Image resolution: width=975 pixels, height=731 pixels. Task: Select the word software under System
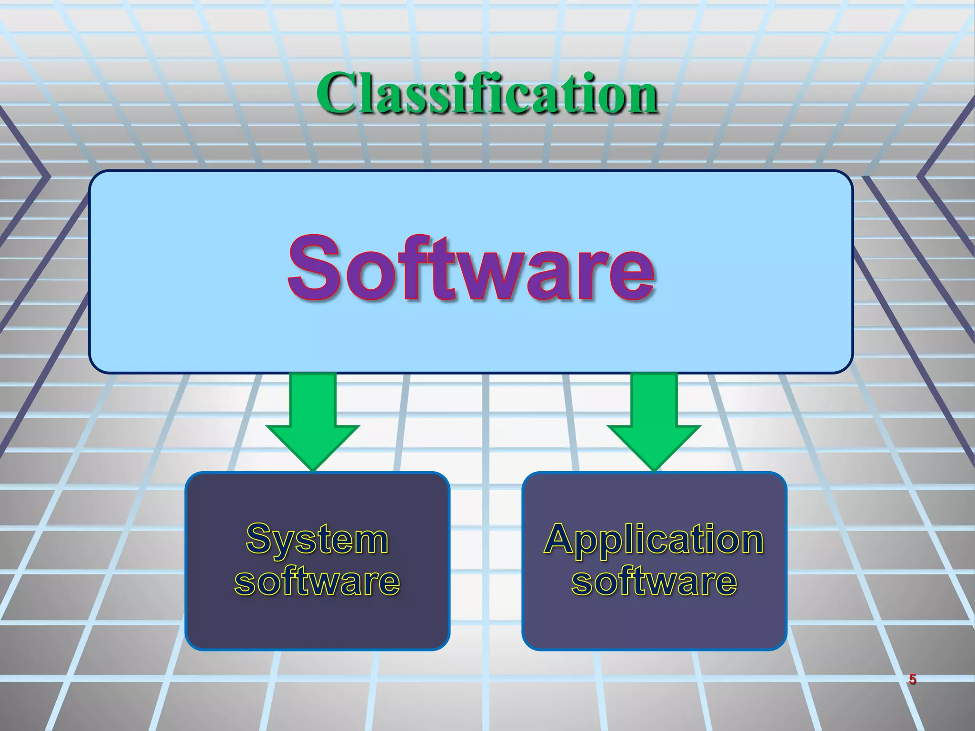tap(317, 581)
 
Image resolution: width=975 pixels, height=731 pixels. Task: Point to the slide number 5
tap(912, 679)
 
